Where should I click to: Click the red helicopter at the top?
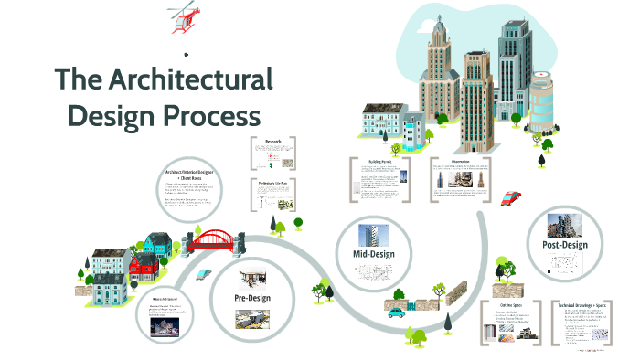tap(184, 19)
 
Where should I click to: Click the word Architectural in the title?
tap(189, 79)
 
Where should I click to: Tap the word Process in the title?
tap(212, 118)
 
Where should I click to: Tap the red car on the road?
tap(512, 196)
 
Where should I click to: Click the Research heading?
tap(273, 142)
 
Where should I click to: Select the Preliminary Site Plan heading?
tap(273, 183)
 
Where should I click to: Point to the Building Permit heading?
tap(379, 162)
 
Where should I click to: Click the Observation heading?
tap(460, 162)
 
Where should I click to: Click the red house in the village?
tap(145, 267)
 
